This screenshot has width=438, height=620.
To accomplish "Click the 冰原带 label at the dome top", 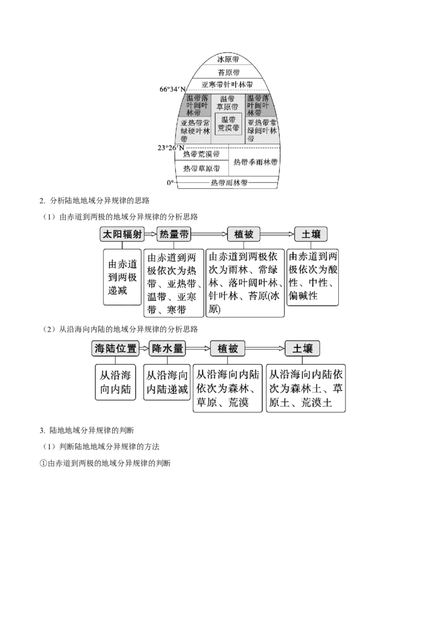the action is click(x=228, y=59).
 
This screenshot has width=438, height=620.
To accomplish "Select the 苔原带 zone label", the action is click(x=228, y=72).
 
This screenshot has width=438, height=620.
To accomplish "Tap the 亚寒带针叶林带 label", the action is click(x=227, y=84).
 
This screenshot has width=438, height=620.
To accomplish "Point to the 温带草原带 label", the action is click(x=227, y=103).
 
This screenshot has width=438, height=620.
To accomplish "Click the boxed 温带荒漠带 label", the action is click(x=228, y=124).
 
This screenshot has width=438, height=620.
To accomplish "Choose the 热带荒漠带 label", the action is click(x=201, y=154).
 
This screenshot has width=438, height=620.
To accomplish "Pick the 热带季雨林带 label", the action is click(x=255, y=162).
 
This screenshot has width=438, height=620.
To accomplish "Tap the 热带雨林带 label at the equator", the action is click(x=229, y=183).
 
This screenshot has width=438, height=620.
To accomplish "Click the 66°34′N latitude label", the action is click(x=173, y=89).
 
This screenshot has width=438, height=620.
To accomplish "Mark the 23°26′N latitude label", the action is click(x=171, y=148).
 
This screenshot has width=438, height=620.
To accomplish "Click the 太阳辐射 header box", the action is click(x=122, y=234).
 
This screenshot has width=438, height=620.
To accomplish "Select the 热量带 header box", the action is click(x=174, y=234).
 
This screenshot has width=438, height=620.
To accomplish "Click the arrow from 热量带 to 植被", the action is click(x=209, y=234).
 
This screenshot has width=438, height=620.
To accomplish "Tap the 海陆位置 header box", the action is click(x=116, y=348).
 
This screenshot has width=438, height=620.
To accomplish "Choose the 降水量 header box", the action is click(x=167, y=348).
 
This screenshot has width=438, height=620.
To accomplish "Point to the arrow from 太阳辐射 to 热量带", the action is click(x=151, y=234).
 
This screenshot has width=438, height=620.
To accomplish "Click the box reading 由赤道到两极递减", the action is click(x=122, y=277).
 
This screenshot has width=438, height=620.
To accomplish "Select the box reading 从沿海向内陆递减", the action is click(x=167, y=382).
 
